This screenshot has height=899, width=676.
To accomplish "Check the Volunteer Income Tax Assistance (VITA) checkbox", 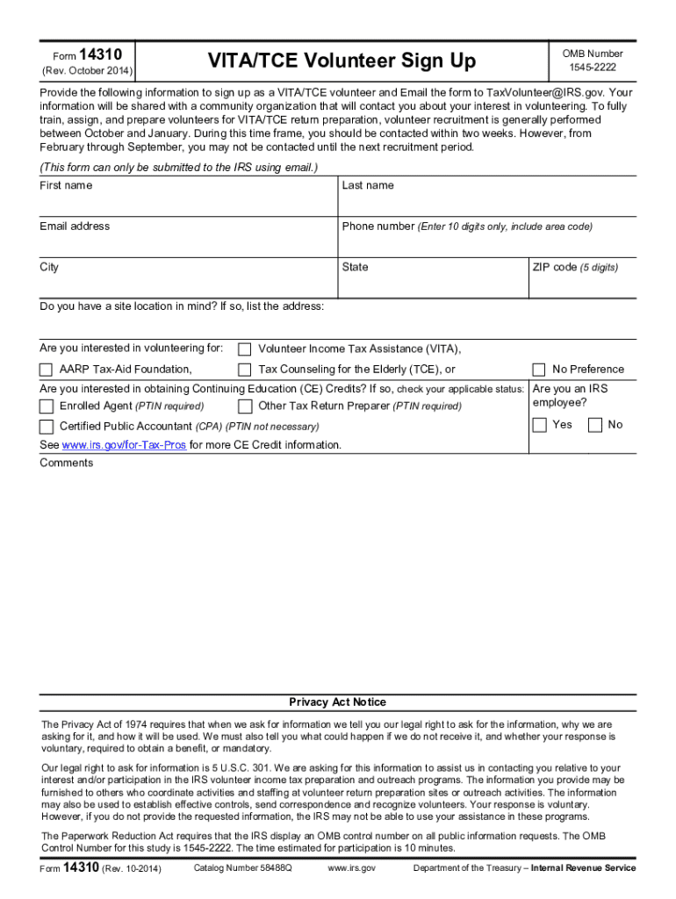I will (245, 349).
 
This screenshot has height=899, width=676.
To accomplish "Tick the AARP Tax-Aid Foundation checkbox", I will (47, 370).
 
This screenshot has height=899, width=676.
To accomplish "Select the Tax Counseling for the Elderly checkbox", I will (245, 370).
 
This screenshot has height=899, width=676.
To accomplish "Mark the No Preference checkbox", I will (539, 370).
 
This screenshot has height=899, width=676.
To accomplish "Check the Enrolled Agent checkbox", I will (47, 406).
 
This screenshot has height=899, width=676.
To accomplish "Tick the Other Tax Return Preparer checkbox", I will (245, 406).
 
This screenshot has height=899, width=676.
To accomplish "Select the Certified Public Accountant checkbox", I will (47, 427).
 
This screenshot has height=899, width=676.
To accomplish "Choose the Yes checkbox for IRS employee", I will (539, 425).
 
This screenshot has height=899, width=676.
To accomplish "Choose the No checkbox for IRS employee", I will (595, 425).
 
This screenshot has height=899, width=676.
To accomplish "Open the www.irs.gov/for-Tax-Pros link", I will (124, 445).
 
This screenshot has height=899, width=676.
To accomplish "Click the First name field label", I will (66, 185).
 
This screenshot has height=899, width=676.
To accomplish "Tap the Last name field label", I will (368, 185).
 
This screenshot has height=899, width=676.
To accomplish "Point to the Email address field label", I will (75, 227).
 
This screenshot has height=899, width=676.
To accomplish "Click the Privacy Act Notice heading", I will (338, 702).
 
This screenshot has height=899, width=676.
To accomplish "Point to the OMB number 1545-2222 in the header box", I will (593, 68).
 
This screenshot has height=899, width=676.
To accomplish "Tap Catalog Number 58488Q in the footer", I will (241, 868).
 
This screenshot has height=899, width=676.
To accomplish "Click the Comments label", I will (66, 463).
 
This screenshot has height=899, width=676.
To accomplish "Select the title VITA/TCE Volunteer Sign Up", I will (342, 61).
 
